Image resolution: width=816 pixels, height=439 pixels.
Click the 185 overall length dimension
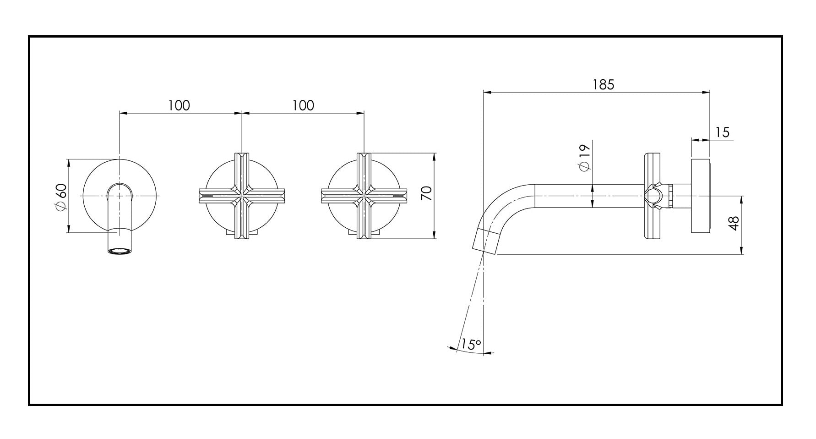pyautogui.click(x=603, y=85)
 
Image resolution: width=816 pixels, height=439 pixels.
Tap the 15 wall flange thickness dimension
pyautogui.click(x=722, y=132)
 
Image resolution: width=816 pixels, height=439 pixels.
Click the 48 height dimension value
pyautogui.click(x=734, y=223)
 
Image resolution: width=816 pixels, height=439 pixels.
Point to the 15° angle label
pyautogui.click(x=471, y=344)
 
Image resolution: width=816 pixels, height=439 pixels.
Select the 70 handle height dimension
pyautogui.click(x=426, y=193)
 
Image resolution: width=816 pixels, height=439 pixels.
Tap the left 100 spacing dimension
pyautogui.click(x=179, y=105)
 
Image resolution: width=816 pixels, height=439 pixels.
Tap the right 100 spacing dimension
pyautogui.click(x=303, y=105)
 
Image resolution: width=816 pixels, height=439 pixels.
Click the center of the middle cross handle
pyautogui.click(x=242, y=196)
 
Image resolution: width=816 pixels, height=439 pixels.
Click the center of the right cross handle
pyautogui.click(x=364, y=196)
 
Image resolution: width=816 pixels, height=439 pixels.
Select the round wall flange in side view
pyautogui.click(x=700, y=196)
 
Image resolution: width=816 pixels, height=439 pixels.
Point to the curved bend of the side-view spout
pyautogui.click(x=504, y=204)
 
